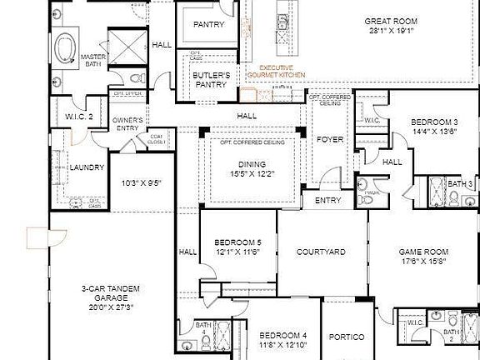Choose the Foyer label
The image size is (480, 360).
(x=330, y=139)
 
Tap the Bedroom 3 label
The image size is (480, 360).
(x=434, y=122)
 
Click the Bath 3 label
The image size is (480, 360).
(x=460, y=183)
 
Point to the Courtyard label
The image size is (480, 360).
(x=321, y=252)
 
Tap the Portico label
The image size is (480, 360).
(x=346, y=337)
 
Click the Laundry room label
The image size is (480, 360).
(x=87, y=167)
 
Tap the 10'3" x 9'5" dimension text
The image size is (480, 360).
(x=141, y=182)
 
